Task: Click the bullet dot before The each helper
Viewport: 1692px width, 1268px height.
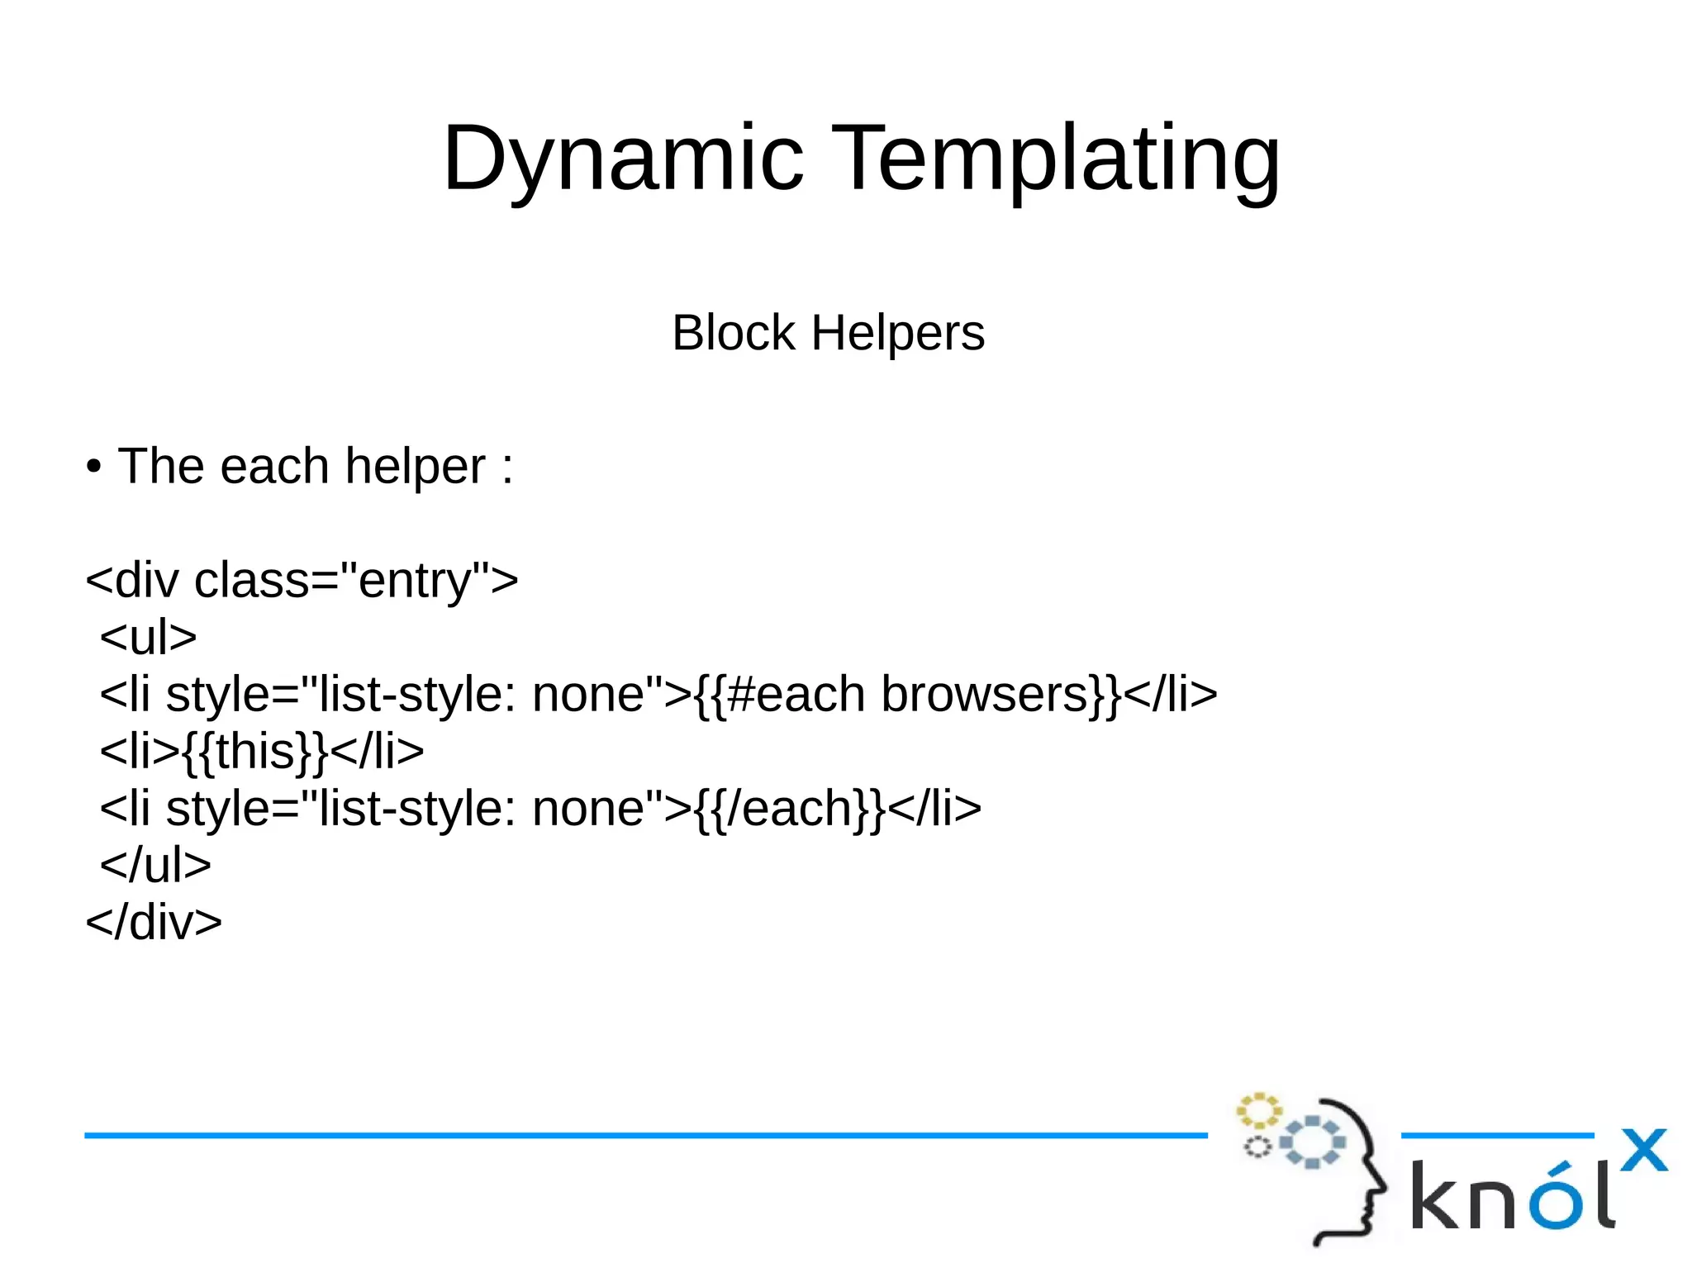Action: click(93, 468)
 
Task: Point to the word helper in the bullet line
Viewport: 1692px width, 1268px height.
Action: click(415, 467)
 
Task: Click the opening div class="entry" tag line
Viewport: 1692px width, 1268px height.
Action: click(302, 580)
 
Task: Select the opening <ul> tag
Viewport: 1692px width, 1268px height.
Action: click(148, 637)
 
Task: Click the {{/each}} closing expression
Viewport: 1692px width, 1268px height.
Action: click(790, 808)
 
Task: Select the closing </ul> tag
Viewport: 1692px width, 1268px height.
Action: click(155, 865)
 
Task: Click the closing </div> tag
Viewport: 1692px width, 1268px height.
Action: click(154, 922)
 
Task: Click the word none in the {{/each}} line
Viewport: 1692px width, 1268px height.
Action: click(587, 808)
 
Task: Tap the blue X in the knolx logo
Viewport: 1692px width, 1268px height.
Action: click(1643, 1150)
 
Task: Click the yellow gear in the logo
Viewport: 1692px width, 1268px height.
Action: click(1258, 1111)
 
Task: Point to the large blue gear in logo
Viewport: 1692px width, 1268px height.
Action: click(1313, 1142)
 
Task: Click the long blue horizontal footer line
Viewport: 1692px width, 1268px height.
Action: click(644, 1136)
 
